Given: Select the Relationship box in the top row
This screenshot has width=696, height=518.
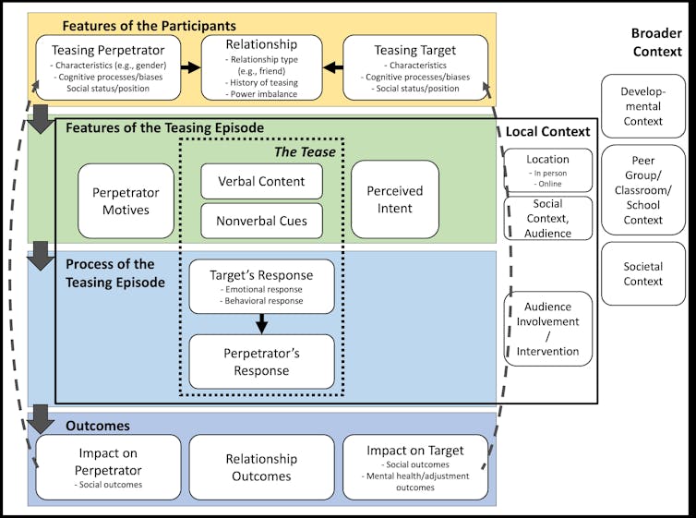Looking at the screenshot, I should (x=262, y=67).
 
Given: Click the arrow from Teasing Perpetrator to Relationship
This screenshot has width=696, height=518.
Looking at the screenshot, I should (x=191, y=67).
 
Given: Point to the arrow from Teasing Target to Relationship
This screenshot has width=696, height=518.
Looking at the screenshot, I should (x=333, y=67).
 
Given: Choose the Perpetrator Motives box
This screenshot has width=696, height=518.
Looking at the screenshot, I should (x=126, y=200).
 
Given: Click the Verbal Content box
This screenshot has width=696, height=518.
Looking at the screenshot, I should (x=262, y=181).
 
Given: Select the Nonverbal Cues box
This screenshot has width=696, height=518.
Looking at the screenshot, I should (x=262, y=221).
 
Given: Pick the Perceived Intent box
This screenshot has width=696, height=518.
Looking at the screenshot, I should (x=395, y=200).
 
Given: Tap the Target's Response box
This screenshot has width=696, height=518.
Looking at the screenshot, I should (x=262, y=286).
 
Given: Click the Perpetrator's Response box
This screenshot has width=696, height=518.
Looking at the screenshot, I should (x=262, y=361).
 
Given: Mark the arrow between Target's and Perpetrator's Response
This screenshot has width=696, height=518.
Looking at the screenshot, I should (x=262, y=323).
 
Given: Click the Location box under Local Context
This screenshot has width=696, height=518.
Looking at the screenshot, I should (x=548, y=170).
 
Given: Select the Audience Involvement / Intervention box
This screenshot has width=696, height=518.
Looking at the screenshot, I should (x=548, y=328).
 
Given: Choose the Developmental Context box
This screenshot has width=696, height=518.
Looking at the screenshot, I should (x=642, y=107).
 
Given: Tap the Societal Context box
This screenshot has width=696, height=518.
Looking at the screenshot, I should (x=642, y=273).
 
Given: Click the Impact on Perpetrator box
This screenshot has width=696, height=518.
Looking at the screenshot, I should (x=108, y=466).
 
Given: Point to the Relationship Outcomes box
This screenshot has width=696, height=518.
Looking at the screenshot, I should (x=262, y=466).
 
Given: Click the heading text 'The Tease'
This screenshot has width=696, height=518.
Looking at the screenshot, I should (x=305, y=151).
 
